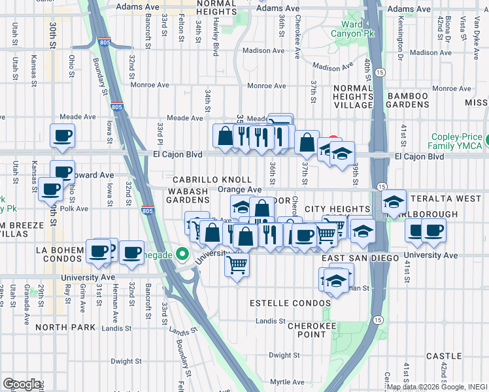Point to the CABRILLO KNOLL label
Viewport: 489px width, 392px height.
point(212,179)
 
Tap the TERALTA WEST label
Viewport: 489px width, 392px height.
point(444,197)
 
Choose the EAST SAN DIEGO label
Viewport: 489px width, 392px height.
point(360,259)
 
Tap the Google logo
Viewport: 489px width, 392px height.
point(22,384)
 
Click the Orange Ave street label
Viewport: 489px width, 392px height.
point(239,189)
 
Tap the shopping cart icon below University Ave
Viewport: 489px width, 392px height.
point(237,265)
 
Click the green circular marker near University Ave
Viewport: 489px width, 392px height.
point(183,254)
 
